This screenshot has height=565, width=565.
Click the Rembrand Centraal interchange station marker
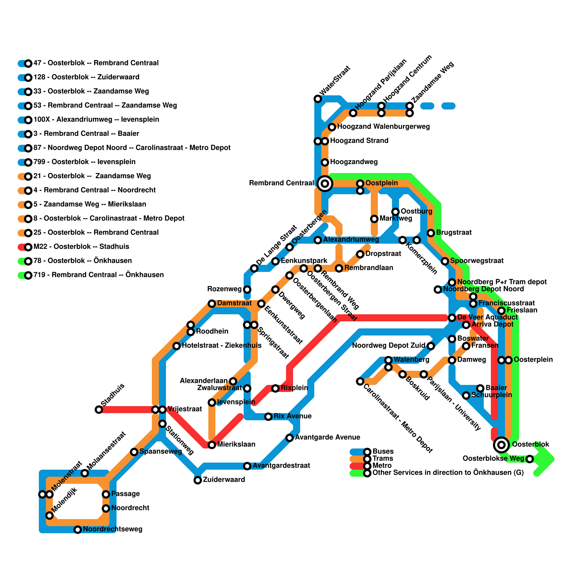click(x=325, y=183)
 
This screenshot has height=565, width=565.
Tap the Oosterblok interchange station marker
click(x=501, y=445)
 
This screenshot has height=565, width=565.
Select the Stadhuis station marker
click(x=99, y=410)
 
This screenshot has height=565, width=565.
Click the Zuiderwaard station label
click(x=224, y=480)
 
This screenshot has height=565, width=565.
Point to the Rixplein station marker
click(x=275, y=388)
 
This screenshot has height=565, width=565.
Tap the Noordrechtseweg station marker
click(x=78, y=530)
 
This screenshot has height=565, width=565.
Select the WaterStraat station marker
click(x=318, y=99)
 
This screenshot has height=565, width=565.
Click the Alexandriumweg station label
click(x=351, y=240)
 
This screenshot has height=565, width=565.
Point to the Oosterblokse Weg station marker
click(x=530, y=459)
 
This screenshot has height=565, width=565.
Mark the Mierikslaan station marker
click(x=212, y=445)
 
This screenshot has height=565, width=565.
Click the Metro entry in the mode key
click(x=382, y=466)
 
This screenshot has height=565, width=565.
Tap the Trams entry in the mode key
click(x=382, y=459)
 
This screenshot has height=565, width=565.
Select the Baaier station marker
click(x=480, y=388)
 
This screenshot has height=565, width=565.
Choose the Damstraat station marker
click(x=212, y=304)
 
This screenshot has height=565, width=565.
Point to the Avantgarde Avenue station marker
click(x=290, y=438)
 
